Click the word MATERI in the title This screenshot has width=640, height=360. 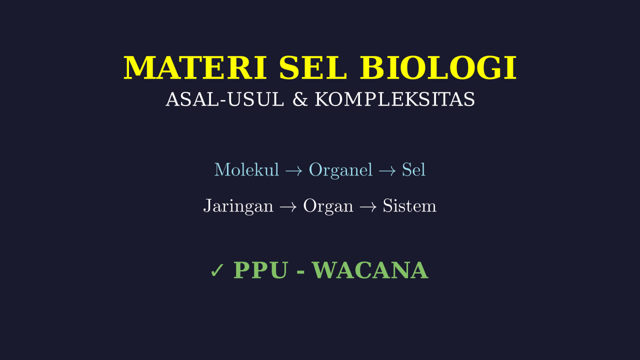tap(195, 67)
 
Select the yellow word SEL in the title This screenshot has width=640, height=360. tap(313, 67)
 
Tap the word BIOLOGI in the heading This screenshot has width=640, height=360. tap(438, 67)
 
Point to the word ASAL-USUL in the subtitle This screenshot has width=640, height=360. tap(225, 99)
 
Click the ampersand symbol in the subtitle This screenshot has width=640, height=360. tap(300, 99)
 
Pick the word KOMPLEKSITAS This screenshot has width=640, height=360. tap(394, 99)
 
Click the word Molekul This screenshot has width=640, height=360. tap(246, 169)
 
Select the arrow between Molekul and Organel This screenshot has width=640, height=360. tap(293, 171)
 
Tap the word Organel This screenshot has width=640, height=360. tap(341, 170)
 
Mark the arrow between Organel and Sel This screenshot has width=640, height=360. tap(387, 171)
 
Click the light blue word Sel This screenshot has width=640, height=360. tap(413, 169)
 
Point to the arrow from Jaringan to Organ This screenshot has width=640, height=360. tap(288, 207)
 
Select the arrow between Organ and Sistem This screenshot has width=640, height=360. tap(368, 207)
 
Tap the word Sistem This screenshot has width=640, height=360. tap(409, 205)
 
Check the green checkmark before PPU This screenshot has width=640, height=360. tap(217, 270)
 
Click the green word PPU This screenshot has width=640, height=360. tap(260, 270)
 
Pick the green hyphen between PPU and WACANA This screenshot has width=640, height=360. tap(300, 272)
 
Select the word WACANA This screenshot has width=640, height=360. tap(370, 270)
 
